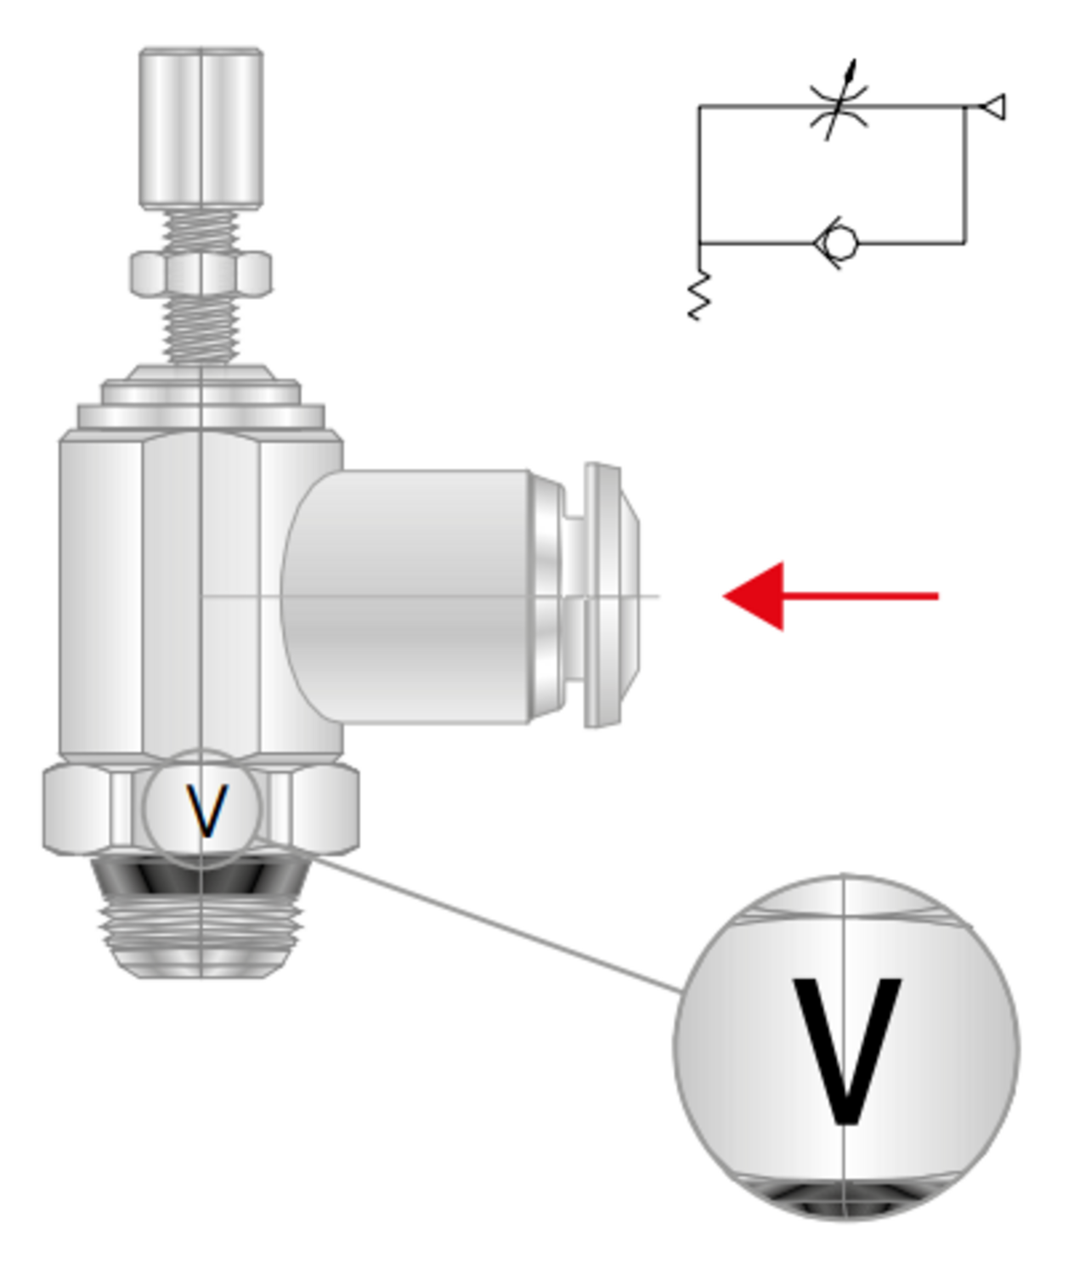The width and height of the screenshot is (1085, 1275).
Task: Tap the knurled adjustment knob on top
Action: coord(201,128)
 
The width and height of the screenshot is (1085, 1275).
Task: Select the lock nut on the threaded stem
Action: coord(201,273)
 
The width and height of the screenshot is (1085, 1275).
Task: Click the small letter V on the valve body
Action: coord(207,811)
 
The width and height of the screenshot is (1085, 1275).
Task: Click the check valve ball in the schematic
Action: coord(840,243)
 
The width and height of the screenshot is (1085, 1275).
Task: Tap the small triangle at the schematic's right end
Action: coord(992,107)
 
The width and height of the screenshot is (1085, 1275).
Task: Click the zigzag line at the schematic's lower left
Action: coord(700,295)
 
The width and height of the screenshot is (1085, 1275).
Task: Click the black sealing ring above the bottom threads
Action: coord(201,875)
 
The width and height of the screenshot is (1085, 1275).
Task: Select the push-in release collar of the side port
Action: coord(610,596)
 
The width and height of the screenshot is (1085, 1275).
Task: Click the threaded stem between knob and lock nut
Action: coord(201,230)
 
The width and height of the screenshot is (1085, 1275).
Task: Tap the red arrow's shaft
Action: coord(861,596)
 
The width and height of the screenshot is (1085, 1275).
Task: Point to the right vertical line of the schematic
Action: coord(965,175)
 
